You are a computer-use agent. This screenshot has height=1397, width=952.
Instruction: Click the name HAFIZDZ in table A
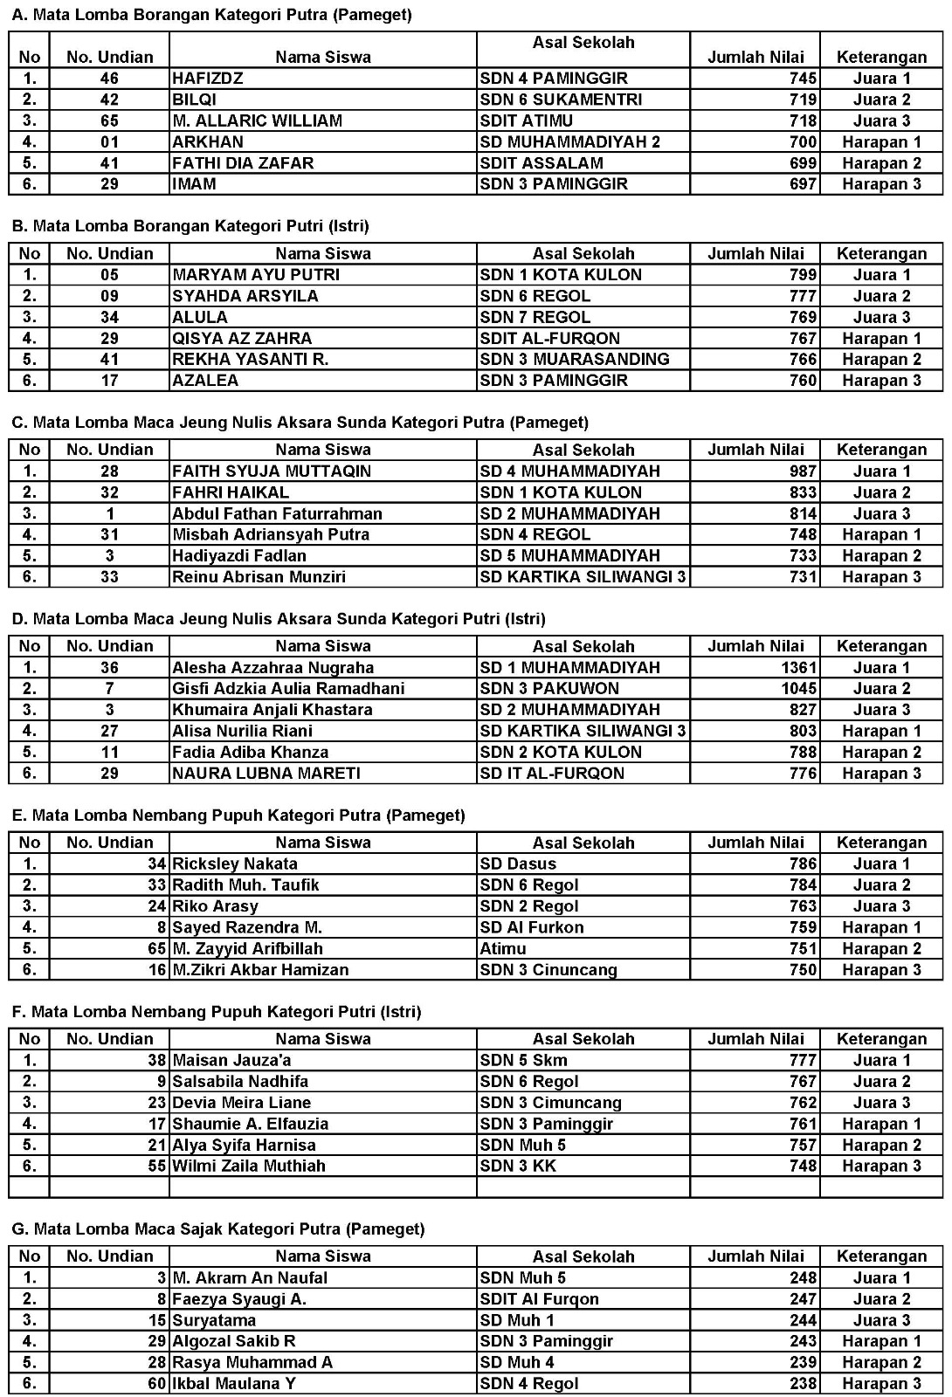point(208,79)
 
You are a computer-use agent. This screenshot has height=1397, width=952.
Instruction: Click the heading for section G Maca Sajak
point(218,1229)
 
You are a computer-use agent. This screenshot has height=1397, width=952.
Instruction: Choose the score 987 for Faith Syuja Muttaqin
point(803,471)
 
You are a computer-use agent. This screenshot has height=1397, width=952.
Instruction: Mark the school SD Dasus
point(518,864)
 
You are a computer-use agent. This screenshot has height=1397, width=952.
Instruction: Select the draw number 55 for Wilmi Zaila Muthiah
point(156,1166)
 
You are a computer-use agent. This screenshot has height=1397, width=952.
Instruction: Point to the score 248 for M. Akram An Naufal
point(803,1278)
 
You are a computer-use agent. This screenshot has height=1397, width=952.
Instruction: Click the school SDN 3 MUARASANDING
point(575,360)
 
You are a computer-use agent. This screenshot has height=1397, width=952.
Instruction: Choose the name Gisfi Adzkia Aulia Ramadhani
point(288,689)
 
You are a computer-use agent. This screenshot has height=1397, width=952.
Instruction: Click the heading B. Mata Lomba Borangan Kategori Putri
point(190,226)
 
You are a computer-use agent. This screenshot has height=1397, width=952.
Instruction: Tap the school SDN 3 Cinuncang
point(548,970)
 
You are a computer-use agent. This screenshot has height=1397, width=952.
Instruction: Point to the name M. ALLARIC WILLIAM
point(257,120)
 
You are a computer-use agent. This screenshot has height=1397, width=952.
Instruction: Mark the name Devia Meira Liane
point(242,1103)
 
